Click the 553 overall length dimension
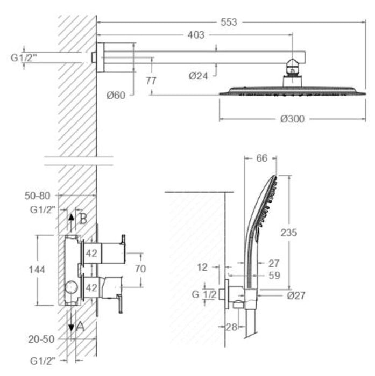[x=229, y=22]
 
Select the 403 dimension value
[x=196, y=35]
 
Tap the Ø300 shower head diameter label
[x=292, y=119]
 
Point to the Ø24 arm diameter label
[x=198, y=76]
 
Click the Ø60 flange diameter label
[x=116, y=96]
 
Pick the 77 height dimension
[x=151, y=81]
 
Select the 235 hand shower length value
[x=289, y=233]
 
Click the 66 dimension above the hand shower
[x=261, y=158]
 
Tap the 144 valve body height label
[x=37, y=270]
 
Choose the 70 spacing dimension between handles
[x=140, y=269]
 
